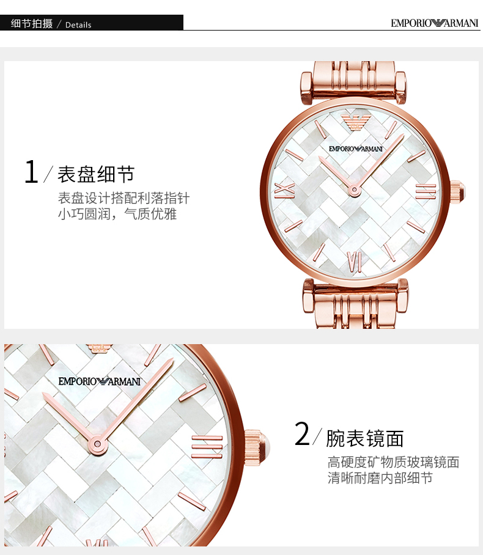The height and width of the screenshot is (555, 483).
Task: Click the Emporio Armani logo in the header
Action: pyautogui.click(x=435, y=23)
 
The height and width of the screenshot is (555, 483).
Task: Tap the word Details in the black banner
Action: pyautogui.click(x=78, y=25)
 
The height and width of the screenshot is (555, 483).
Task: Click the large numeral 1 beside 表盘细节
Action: pyautogui.click(x=32, y=171)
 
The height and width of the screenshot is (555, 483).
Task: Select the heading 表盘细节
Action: pyautogui.click(x=96, y=174)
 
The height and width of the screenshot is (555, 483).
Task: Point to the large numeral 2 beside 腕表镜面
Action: pyautogui.click(x=302, y=433)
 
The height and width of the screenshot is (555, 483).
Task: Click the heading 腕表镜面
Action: pyautogui.click(x=365, y=438)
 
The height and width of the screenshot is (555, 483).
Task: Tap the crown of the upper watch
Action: pyautogui.click(x=457, y=191)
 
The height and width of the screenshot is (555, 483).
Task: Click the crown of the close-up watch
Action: pyautogui.click(x=257, y=447)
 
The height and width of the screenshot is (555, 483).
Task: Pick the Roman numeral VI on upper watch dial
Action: pyautogui.click(x=354, y=262)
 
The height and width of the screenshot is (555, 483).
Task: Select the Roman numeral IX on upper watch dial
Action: pyautogui.click(x=285, y=191)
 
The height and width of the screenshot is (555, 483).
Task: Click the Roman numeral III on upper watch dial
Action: pyautogui.click(x=426, y=191)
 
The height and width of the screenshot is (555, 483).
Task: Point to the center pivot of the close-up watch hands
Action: pyautogui.click(x=97, y=444)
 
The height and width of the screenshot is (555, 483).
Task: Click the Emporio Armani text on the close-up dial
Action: pyautogui.click(x=100, y=381)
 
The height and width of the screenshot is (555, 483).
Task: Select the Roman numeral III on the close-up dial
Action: pyautogui.click(x=207, y=447)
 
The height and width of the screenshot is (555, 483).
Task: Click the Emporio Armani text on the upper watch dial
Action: pyautogui.click(x=356, y=149)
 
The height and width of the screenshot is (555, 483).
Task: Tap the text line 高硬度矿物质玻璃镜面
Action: pyautogui.click(x=393, y=462)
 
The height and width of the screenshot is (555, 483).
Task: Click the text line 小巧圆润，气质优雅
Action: pyautogui.click(x=117, y=214)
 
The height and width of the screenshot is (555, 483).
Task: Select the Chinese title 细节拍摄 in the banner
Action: pyautogui.click(x=32, y=23)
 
